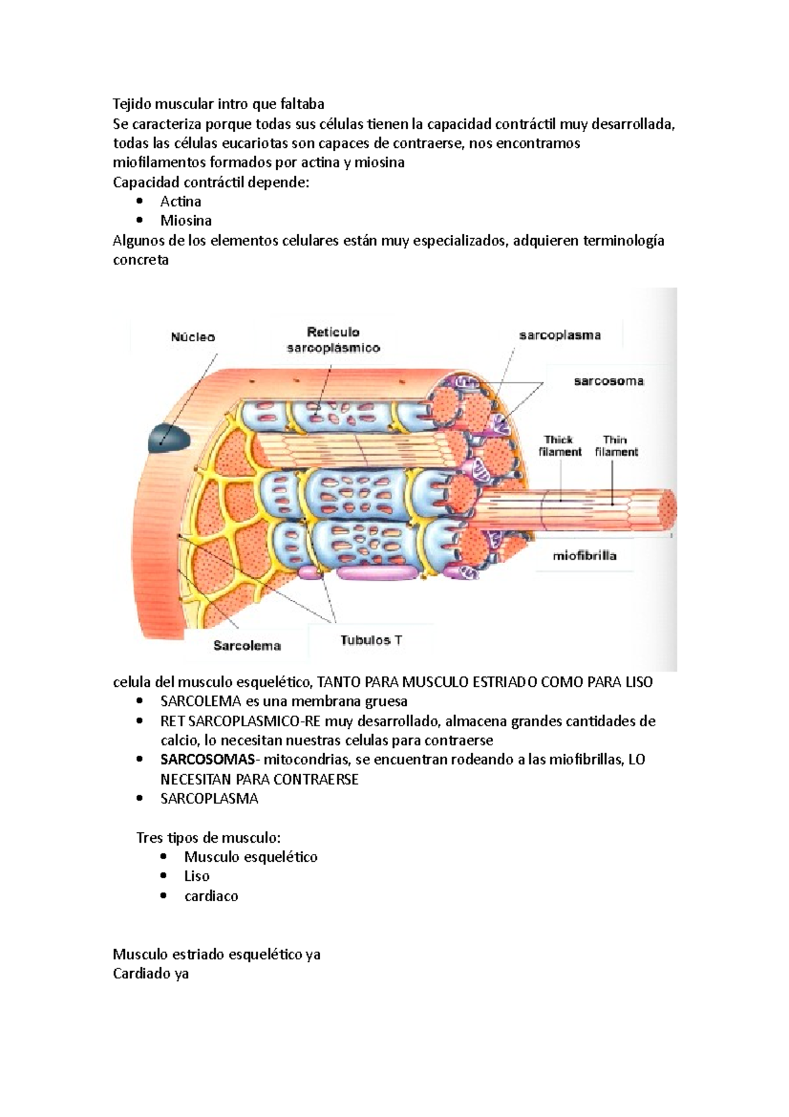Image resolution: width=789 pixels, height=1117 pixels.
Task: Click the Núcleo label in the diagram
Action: [193, 337]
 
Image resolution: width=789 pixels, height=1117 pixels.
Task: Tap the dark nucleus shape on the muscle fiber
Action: [167, 437]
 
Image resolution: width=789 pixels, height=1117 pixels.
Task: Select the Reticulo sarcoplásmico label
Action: [333, 340]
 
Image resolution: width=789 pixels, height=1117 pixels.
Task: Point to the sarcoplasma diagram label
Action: [560, 335]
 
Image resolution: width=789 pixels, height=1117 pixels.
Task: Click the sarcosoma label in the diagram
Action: [609, 381]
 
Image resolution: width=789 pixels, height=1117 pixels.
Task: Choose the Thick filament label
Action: [560, 445]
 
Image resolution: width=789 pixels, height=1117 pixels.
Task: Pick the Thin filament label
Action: [616, 445]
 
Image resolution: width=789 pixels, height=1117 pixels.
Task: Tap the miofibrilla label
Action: [585, 556]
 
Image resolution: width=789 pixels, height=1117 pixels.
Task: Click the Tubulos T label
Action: [371, 640]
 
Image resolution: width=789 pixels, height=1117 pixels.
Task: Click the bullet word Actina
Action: [181, 201]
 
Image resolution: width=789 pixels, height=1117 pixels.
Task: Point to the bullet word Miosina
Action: [186, 220]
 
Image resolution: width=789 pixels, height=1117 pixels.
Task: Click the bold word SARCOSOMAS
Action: [207, 760]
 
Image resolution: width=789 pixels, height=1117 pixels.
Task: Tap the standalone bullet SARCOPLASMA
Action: [209, 799]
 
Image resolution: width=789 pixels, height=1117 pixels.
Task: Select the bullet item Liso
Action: [197, 876]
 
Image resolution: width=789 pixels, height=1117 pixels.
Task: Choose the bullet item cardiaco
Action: [211, 896]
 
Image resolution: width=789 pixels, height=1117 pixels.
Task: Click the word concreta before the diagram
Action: [141, 260]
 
